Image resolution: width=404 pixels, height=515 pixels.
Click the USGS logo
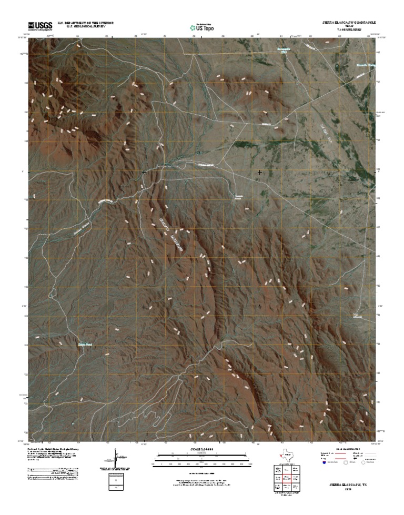coord(40,25)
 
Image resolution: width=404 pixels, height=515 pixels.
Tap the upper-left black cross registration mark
coord(144,172)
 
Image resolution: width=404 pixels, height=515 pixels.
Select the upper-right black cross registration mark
coord(259,172)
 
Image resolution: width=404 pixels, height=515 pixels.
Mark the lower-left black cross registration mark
coord(144,306)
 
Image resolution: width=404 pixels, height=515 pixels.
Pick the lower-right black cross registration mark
coord(259,306)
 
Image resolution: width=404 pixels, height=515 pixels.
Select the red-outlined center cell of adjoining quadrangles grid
coord(286,479)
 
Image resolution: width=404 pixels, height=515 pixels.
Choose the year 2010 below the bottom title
coord(348,489)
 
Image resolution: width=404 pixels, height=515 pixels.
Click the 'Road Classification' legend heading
coord(348,449)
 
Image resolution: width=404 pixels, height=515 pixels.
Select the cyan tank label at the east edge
coord(356,315)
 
